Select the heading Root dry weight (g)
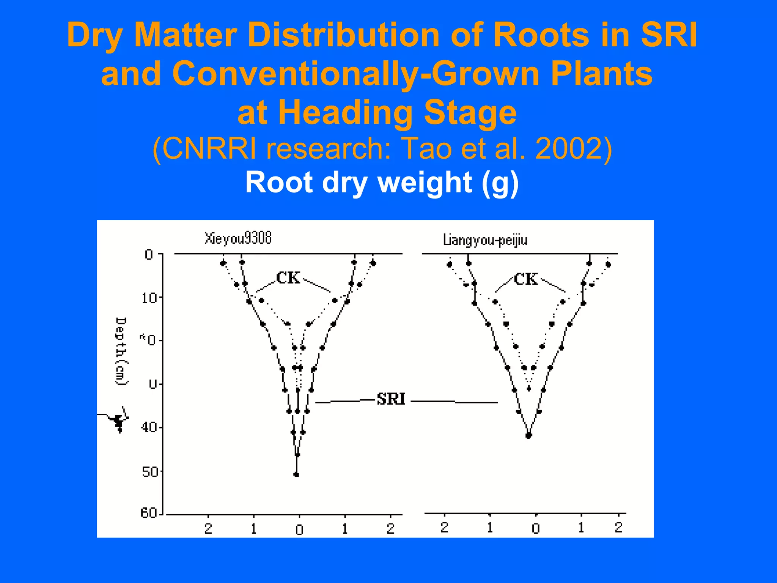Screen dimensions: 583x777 tap(382, 183)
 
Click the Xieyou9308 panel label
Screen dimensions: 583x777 tap(238, 238)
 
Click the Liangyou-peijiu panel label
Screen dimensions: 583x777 tap(485, 240)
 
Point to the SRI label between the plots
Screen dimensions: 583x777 tap(391, 399)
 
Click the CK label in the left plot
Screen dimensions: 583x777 tap(288, 278)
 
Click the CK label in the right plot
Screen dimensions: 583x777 tap(525, 279)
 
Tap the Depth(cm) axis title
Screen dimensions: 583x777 tap(121, 351)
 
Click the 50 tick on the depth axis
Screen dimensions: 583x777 tap(149, 472)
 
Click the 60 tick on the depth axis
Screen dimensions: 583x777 tap(149, 513)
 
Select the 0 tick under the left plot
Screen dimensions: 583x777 tap(299, 529)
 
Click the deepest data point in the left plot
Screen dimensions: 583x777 tap(296, 474)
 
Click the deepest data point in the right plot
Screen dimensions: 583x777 tap(528, 435)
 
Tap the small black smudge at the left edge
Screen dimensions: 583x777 tap(118, 420)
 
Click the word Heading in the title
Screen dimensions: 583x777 tap(345, 112)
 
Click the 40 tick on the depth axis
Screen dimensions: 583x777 tap(149, 428)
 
